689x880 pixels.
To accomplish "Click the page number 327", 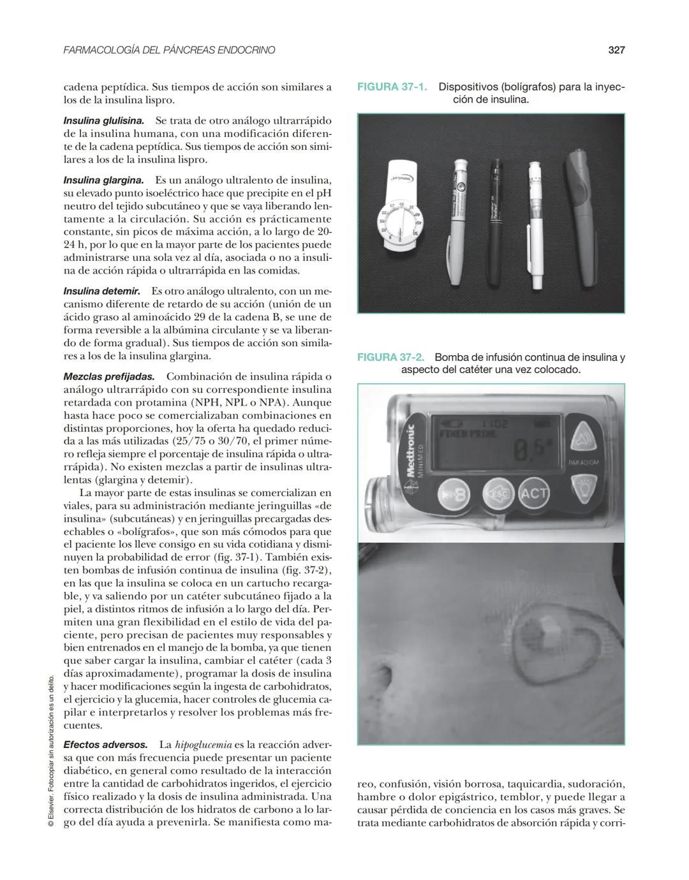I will tap(616, 50).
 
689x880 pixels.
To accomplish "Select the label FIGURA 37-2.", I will tap(390, 358).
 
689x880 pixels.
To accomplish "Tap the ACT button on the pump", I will tap(533, 493).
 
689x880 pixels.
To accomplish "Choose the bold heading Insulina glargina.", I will tap(103, 180).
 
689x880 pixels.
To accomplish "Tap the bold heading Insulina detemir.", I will tap(101, 291).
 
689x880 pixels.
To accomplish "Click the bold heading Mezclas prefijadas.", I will tap(108, 377).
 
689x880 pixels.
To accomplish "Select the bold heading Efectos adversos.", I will tap(105, 745).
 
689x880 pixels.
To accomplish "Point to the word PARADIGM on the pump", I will tap(583, 462).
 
